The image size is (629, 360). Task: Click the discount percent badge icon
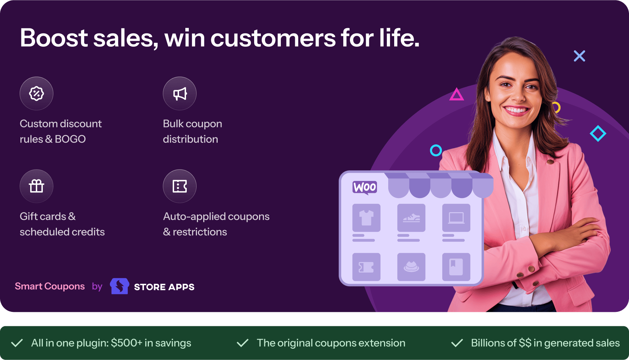click(x=37, y=93)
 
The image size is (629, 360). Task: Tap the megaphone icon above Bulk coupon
click(x=180, y=93)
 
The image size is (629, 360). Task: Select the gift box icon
click(x=37, y=186)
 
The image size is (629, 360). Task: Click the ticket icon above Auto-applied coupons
click(x=180, y=186)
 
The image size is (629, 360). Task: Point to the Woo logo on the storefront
click(x=365, y=187)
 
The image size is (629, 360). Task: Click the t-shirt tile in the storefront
click(x=366, y=218)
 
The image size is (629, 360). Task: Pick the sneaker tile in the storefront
click(x=411, y=218)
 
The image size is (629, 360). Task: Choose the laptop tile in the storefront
click(x=456, y=218)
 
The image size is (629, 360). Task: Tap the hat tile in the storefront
click(x=411, y=267)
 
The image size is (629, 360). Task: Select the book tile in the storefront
click(x=456, y=267)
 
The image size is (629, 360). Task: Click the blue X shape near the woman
click(x=580, y=56)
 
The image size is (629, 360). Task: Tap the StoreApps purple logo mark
click(x=119, y=286)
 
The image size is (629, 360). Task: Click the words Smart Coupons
click(x=50, y=286)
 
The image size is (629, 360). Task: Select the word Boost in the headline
click(x=54, y=38)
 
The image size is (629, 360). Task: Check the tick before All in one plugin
click(x=17, y=343)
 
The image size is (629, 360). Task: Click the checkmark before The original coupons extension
click(x=243, y=343)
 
